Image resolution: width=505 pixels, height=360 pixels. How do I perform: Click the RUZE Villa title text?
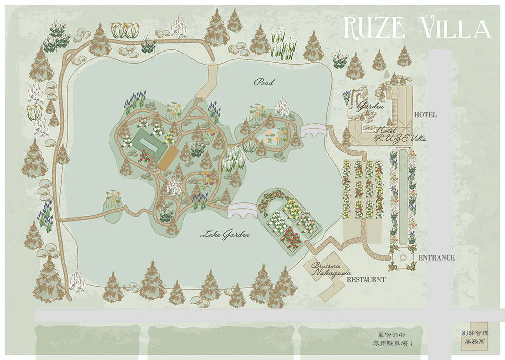[417, 28]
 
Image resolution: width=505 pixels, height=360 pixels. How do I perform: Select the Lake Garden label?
[225, 234]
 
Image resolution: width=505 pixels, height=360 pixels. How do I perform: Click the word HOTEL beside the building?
[425, 115]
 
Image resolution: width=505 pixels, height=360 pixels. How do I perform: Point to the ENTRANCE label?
[436, 258]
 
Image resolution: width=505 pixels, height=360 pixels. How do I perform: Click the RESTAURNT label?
[366, 279]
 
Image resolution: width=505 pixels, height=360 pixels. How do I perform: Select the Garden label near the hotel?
[371, 107]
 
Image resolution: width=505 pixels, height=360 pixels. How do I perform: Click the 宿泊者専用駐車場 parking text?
[392, 339]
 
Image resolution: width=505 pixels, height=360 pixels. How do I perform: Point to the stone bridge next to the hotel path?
[315, 132]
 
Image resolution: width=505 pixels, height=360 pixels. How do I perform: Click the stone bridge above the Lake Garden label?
[242, 211]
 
